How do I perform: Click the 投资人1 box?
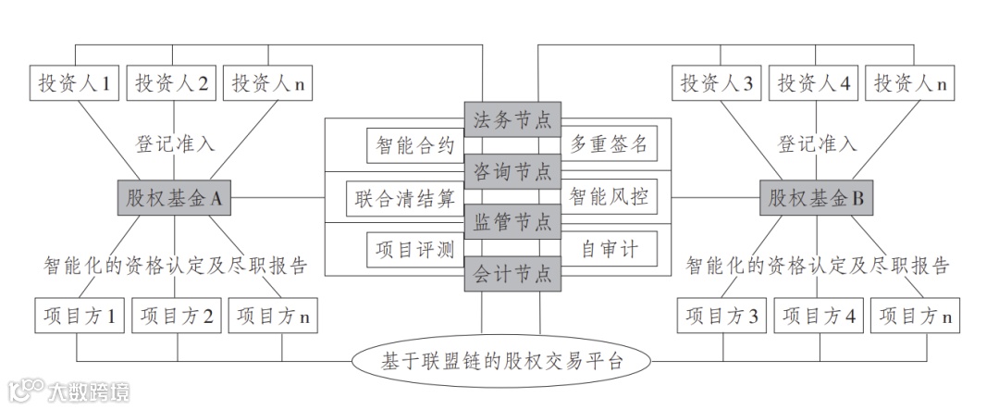(x=73, y=84)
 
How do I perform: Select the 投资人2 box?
(x=172, y=84)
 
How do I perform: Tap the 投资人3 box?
(x=717, y=84)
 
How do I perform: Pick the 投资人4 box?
(x=813, y=84)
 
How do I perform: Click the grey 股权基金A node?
(x=172, y=197)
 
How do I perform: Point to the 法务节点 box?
(x=512, y=119)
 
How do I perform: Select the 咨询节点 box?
(x=512, y=171)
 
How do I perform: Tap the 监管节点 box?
(x=512, y=222)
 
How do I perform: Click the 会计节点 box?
(x=512, y=273)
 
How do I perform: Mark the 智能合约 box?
(x=415, y=144)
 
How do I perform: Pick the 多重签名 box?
(x=608, y=144)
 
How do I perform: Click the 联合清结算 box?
(x=404, y=197)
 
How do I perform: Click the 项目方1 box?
(x=79, y=316)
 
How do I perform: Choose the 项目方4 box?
(x=817, y=316)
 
